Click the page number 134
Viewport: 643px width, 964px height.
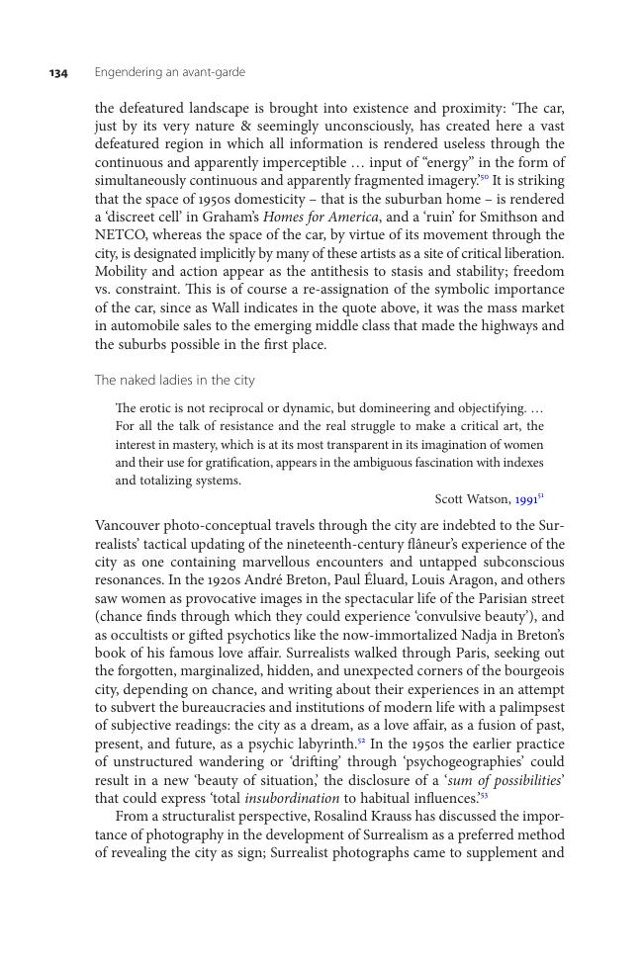pyautogui.click(x=58, y=73)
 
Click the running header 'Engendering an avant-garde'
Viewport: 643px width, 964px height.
pyautogui.click(x=169, y=72)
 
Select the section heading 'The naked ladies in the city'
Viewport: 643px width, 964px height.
pyautogui.click(x=174, y=380)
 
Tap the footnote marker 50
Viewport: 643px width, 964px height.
pyautogui.click(x=484, y=177)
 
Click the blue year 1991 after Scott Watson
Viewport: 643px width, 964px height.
pyautogui.click(x=526, y=499)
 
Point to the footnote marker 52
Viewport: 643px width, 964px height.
pyautogui.click(x=360, y=740)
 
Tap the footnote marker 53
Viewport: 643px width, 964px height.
pyautogui.click(x=484, y=794)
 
